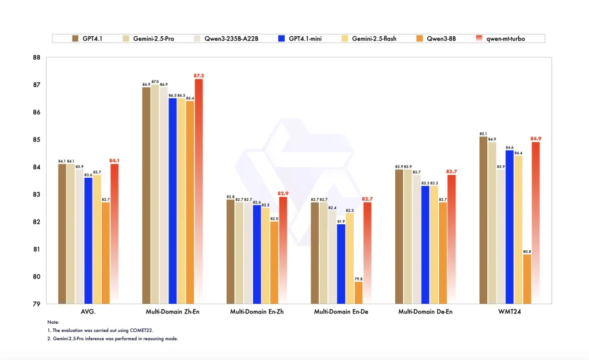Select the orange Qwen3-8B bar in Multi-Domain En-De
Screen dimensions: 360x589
point(358,292)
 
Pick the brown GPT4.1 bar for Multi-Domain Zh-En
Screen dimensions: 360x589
point(146,196)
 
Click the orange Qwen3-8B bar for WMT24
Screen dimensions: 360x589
point(527,279)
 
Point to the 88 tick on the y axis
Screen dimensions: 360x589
point(36,58)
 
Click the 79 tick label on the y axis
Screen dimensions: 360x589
point(36,304)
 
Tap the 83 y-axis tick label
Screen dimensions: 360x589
point(36,194)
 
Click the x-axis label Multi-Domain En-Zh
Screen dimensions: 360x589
point(257,312)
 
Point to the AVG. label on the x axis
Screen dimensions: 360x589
point(88,312)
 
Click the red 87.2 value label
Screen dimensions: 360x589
point(198,75)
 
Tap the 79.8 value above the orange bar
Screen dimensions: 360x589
point(358,278)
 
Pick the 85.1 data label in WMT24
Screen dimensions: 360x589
point(483,133)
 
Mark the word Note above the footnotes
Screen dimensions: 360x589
point(53,323)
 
